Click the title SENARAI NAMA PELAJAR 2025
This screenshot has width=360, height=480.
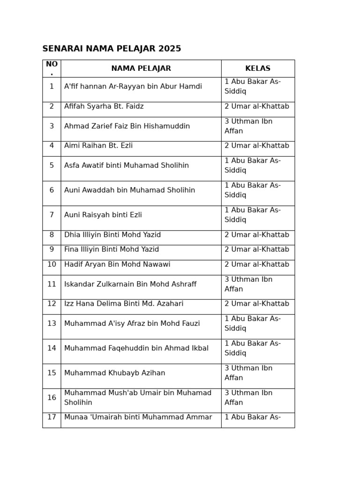pyautogui.click(x=112, y=49)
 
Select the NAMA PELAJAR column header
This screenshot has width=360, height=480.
pyautogui.click(x=141, y=68)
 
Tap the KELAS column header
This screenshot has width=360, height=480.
pyautogui.click(x=257, y=68)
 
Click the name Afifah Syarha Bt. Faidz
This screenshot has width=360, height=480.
pyautogui.click(x=104, y=107)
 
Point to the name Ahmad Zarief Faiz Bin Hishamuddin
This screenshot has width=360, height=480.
pyautogui.click(x=127, y=127)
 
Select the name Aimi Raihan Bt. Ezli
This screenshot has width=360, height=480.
pyautogui.click(x=98, y=146)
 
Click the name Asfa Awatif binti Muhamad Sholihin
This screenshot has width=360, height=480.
pyautogui.click(x=126, y=166)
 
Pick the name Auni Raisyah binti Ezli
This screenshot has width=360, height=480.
pyautogui.click(x=103, y=215)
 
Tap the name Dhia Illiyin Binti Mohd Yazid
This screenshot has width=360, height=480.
pyautogui.click(x=112, y=235)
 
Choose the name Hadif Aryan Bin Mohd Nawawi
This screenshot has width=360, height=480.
pyautogui.click(x=117, y=265)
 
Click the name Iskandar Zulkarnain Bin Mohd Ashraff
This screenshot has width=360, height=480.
pyautogui.click(x=130, y=285)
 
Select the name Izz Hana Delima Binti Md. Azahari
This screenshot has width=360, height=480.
pyautogui.click(x=123, y=304)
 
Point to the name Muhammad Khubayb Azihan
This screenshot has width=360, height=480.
pyautogui.click(x=114, y=374)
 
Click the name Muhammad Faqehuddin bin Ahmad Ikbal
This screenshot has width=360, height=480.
pyautogui.click(x=136, y=349)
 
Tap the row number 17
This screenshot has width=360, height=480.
pyautogui.click(x=52, y=418)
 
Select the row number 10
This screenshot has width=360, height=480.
pyautogui.click(x=52, y=265)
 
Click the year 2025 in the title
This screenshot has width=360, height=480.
pyautogui.click(x=170, y=49)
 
